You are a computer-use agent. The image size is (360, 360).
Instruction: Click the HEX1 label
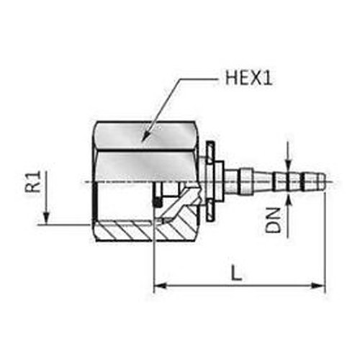click(x=249, y=78)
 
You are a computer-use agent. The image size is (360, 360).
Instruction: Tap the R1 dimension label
click(x=32, y=181)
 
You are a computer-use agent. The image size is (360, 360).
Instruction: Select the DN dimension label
click(x=273, y=220)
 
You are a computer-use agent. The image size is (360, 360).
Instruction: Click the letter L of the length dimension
click(x=237, y=272)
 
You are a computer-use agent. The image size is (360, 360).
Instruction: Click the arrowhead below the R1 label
click(x=46, y=217)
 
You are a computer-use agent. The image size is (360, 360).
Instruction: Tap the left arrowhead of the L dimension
click(x=160, y=286)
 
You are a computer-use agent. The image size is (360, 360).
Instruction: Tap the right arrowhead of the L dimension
click(x=318, y=286)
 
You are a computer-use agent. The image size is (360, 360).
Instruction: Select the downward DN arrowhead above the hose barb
click(x=288, y=164)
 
